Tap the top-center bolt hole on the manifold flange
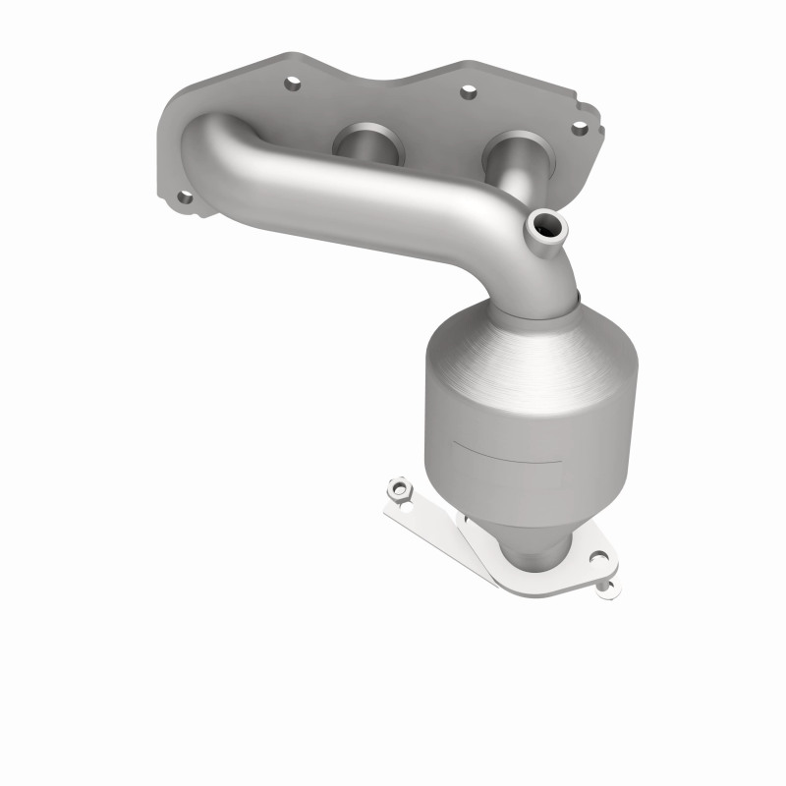[468, 92]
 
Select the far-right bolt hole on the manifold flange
[580, 128]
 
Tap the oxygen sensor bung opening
[546, 229]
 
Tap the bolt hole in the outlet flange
[596, 561]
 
